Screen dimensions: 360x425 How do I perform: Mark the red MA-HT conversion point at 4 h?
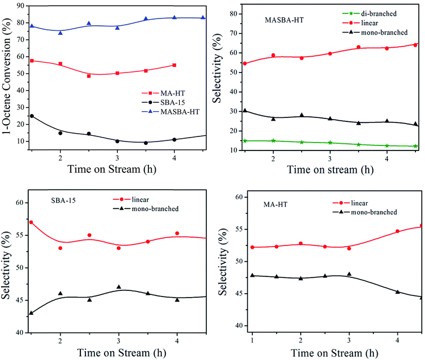click(x=174, y=65)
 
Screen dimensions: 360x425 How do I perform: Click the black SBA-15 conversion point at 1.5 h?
click(x=31, y=116)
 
